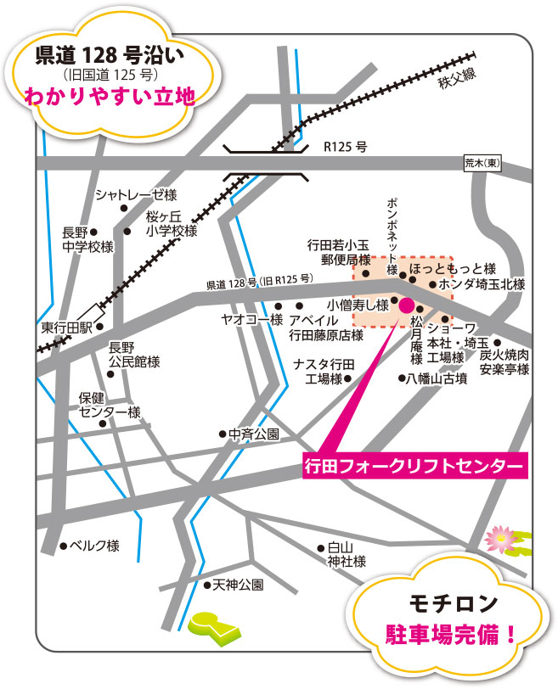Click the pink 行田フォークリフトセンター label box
pyautogui.click(x=414, y=465)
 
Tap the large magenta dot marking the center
pyautogui.click(x=406, y=305)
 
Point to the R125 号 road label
pyautogui.click(x=345, y=147)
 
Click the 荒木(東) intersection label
pyautogui.click(x=482, y=163)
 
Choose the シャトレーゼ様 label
pyautogui.click(x=136, y=194)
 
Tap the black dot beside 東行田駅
pyautogui.click(x=99, y=327)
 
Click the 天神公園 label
pyautogui.click(x=239, y=585)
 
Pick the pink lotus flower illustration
pyautogui.click(x=497, y=536)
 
